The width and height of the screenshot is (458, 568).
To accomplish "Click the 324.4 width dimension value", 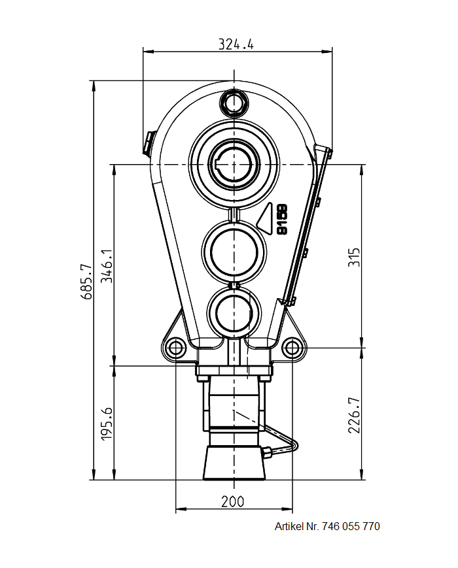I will click(236, 44).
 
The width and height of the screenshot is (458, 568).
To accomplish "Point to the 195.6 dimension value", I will click(107, 423).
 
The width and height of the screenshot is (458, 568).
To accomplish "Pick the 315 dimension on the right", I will click(354, 256).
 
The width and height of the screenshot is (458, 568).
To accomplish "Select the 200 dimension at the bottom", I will click(232, 501).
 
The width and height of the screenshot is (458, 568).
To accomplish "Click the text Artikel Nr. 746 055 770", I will click(326, 526).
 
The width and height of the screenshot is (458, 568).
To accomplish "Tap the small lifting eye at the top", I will click(234, 102).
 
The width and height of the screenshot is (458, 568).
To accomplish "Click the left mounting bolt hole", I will click(175, 348).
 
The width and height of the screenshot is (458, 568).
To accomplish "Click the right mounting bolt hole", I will click(292, 348).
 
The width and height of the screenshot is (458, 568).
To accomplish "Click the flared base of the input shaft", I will click(234, 463).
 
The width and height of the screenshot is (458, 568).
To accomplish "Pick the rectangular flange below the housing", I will click(234, 371).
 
